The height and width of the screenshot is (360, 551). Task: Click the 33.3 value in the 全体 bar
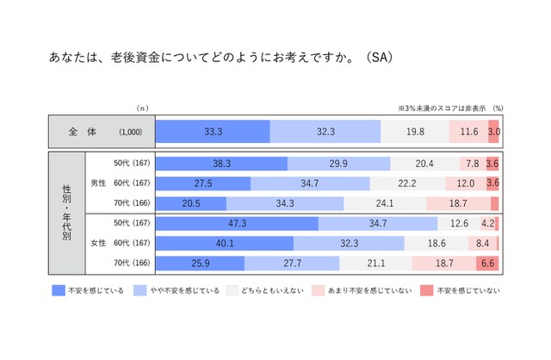(x=212, y=131)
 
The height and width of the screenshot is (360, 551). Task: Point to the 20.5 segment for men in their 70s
(x=190, y=203)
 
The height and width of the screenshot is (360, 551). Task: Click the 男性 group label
(x=99, y=183)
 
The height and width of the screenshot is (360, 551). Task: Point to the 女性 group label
(x=99, y=243)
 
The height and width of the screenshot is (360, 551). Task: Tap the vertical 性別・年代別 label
(x=67, y=213)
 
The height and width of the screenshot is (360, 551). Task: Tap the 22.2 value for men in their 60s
(x=407, y=183)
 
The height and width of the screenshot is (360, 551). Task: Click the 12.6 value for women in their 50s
(x=458, y=223)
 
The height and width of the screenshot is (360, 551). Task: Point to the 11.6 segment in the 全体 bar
(x=468, y=131)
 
